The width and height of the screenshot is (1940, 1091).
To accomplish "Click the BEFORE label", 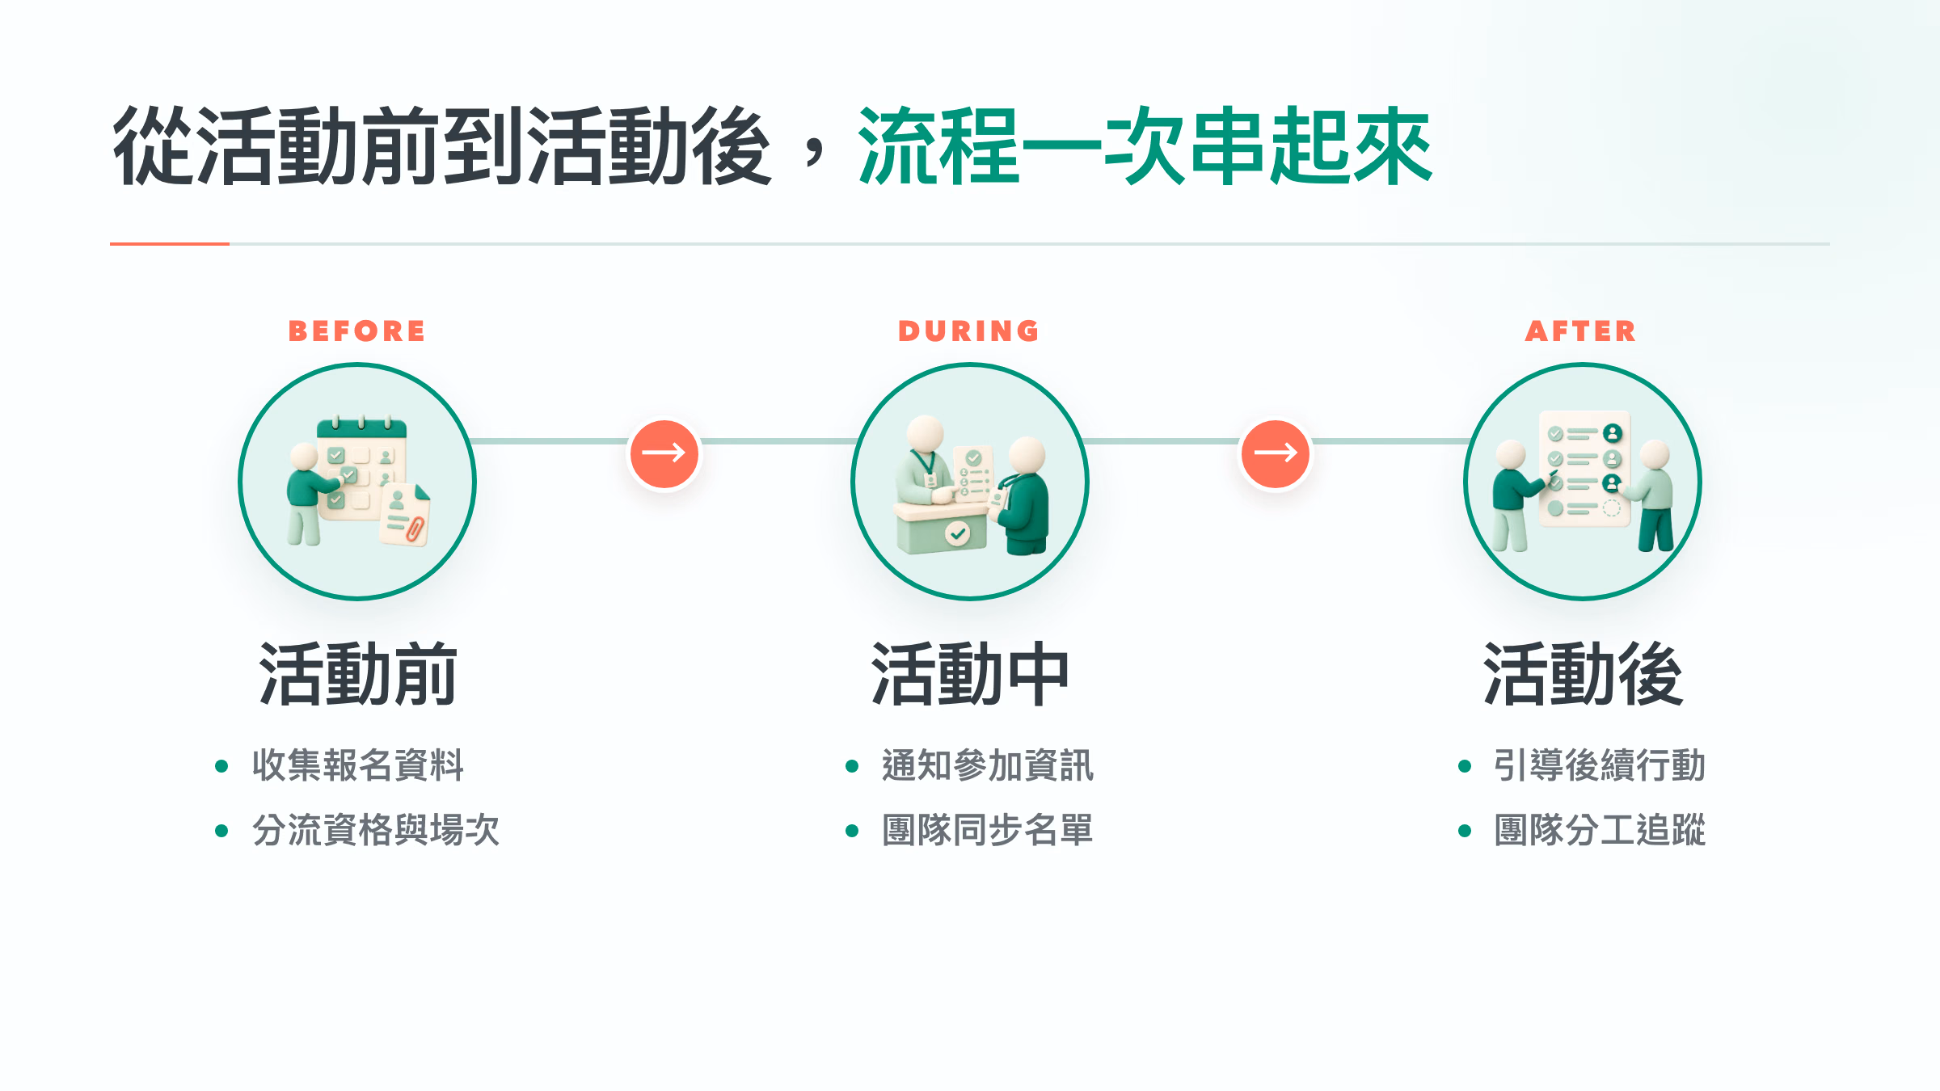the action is point(356,331).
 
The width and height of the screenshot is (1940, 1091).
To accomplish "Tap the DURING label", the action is point(968,331).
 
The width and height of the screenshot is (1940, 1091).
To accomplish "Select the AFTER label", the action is point(1580,331).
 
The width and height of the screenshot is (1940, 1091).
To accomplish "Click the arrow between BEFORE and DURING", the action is point(664,453).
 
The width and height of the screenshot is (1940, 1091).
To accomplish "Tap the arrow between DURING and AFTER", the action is point(1276,453).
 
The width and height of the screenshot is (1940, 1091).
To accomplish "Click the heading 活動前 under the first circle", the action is point(357,674).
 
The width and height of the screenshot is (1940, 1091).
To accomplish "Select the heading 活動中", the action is point(969,674).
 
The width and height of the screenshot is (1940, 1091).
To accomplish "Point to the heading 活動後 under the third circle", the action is point(1583,674).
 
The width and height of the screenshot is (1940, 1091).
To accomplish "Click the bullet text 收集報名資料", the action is point(358,765).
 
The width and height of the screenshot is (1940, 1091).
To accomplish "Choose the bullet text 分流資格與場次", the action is point(376,830).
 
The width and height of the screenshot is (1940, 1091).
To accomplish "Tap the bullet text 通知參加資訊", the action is point(987,765).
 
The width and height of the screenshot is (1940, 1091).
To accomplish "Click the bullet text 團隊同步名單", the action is point(987,830).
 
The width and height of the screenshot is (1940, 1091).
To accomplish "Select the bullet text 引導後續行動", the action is point(1600,765).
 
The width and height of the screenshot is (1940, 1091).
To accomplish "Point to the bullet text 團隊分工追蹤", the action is point(1600,830).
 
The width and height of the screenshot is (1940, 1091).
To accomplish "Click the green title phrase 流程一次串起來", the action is point(1145,146).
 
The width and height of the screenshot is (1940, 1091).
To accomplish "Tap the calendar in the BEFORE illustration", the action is point(361,469).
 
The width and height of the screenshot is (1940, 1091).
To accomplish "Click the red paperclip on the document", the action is point(415,529).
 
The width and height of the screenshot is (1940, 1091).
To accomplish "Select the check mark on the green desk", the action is point(958,533).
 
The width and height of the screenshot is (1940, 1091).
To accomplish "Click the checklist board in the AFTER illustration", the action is point(1584,469).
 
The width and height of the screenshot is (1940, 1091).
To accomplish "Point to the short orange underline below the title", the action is point(170,243).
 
